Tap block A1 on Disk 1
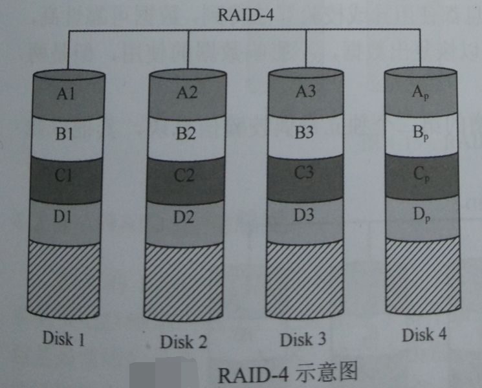pyautogui.click(x=67, y=94)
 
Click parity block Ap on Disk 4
pyautogui.click(x=422, y=92)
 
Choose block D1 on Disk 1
pyautogui.click(x=65, y=217)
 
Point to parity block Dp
pyautogui.click(x=421, y=214)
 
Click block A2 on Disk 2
pyautogui.click(x=186, y=94)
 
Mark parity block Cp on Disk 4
pyautogui.click(x=421, y=173)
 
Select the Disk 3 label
pyautogui.click(x=303, y=339)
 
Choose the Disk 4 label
pyautogui.click(x=424, y=334)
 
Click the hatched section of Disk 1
pyautogui.click(x=64, y=278)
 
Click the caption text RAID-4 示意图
pyautogui.click(x=287, y=373)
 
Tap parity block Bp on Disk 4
pyautogui.click(x=422, y=133)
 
